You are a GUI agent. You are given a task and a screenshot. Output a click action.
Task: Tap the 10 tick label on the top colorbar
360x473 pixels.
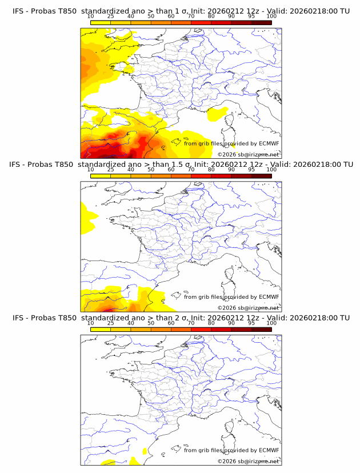pos(91,17)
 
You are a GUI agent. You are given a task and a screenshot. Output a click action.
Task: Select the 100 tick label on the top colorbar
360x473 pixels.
pos(271,17)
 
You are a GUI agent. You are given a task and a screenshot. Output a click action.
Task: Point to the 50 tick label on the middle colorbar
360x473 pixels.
pos(151,170)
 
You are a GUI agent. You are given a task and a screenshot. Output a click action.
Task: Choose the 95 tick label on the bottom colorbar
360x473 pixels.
pos(251,323)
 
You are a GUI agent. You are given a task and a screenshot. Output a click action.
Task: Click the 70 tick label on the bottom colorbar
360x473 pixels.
pos(191,323)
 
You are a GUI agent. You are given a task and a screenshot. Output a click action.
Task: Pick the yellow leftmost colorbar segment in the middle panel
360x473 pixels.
pos(101,176)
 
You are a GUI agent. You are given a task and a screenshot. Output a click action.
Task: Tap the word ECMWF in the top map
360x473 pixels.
pos(269,143)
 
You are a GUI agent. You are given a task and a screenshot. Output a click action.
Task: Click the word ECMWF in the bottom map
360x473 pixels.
pos(269,450)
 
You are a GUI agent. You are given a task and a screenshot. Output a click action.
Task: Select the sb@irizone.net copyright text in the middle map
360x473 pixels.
pos(249,307)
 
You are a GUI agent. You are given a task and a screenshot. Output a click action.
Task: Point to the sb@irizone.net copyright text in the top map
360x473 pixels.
pos(249,154)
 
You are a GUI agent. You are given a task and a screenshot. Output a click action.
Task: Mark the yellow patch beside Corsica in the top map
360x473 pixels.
pos(217,115)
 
